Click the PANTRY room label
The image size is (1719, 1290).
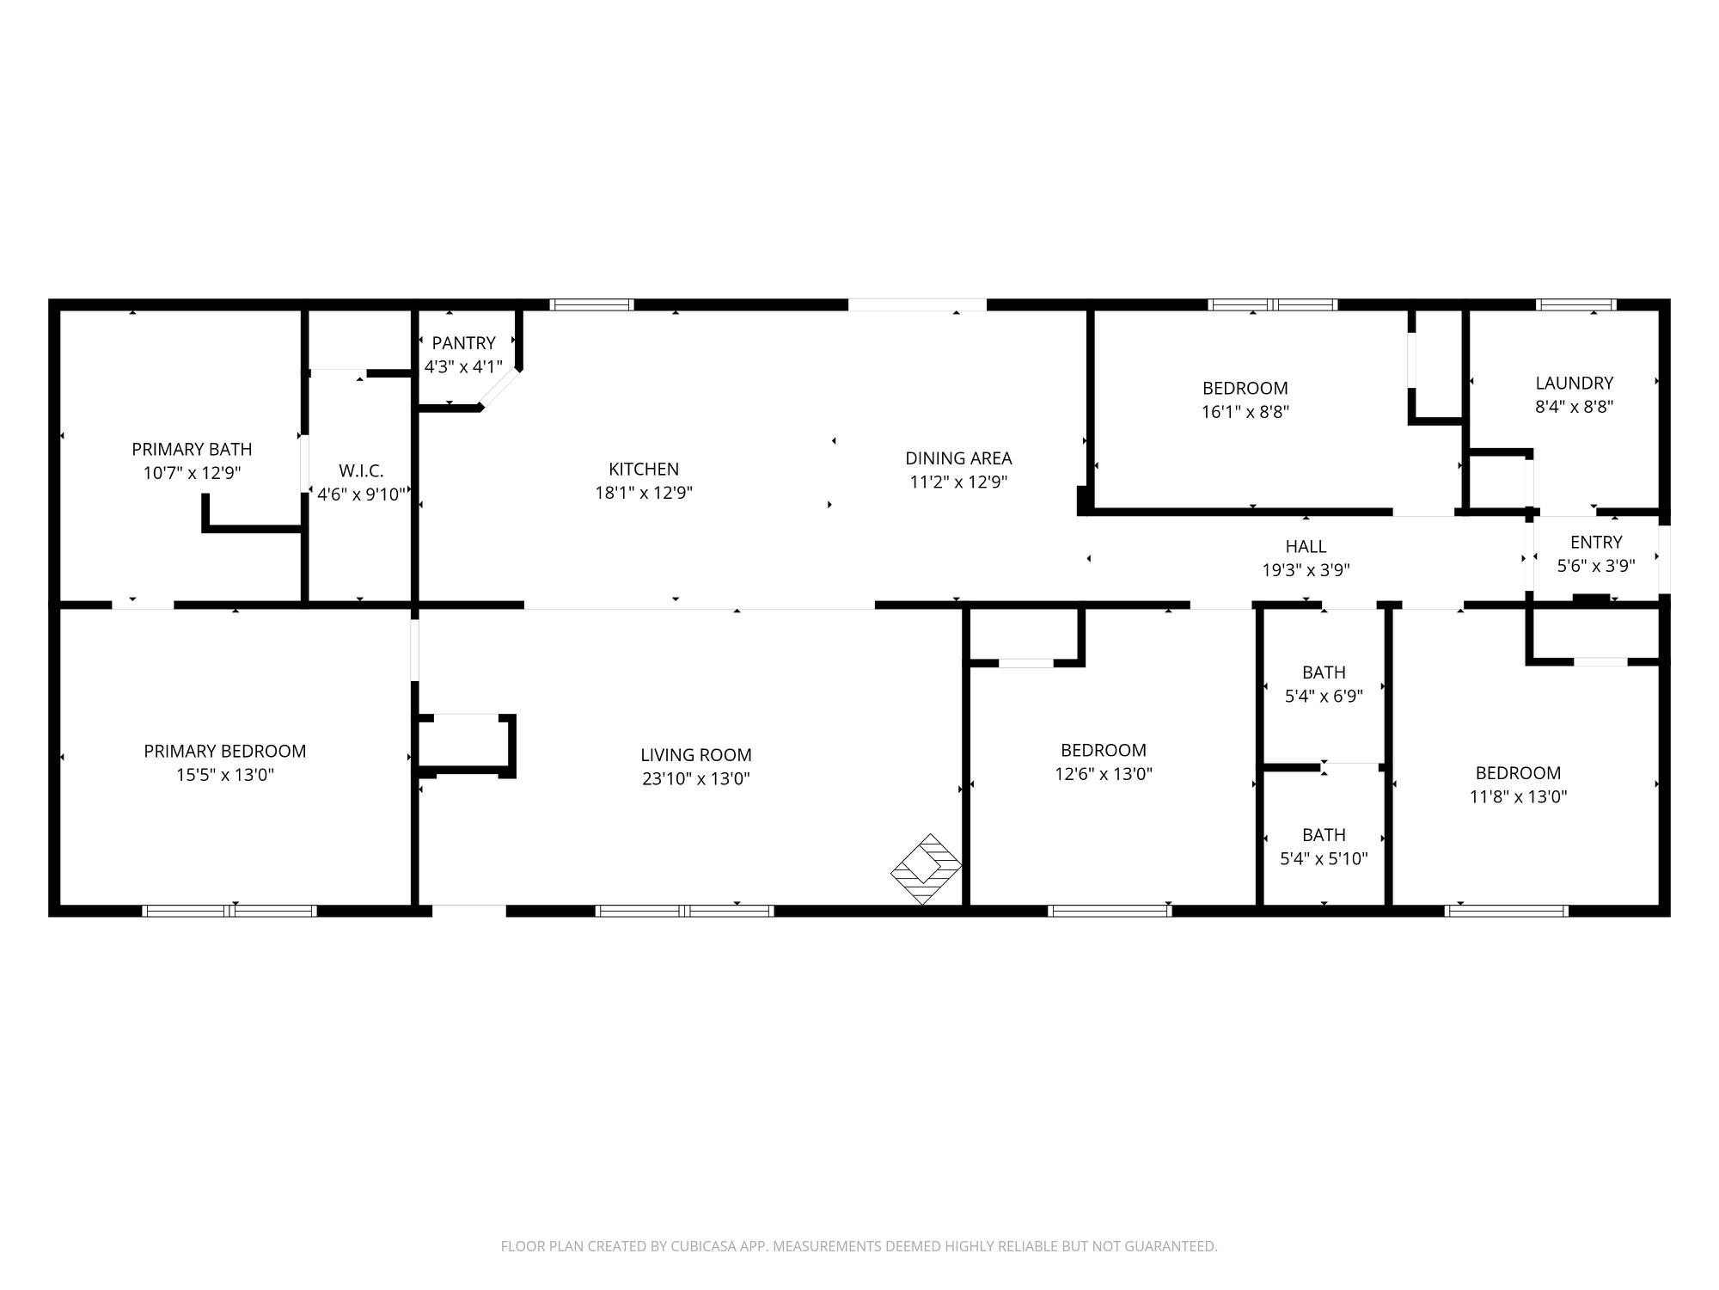coord(463,343)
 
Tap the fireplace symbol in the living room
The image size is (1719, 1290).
coord(925,869)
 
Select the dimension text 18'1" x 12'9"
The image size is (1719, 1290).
coord(644,493)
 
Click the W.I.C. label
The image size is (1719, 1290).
coord(361,470)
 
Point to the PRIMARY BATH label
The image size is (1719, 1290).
coord(192,449)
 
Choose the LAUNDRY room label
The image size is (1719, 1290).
coord(1574,383)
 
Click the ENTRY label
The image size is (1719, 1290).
coord(1595,542)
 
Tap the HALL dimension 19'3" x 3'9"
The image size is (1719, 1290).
coord(1306,569)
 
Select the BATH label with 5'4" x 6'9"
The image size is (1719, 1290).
coord(1324,673)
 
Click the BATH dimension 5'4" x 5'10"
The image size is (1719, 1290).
coord(1324,858)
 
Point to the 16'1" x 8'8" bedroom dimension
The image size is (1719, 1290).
coord(1245,412)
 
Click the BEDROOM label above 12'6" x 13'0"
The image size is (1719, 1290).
coord(1103,750)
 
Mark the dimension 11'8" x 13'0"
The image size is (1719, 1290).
coord(1518,796)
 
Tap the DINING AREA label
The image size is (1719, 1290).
coord(958,458)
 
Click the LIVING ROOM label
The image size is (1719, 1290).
coord(695,755)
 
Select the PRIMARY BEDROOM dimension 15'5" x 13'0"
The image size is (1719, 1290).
coord(224,775)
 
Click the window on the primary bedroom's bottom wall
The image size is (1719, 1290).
coord(229,911)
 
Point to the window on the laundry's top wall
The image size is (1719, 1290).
coord(1575,304)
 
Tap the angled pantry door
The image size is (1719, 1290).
coord(499,390)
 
